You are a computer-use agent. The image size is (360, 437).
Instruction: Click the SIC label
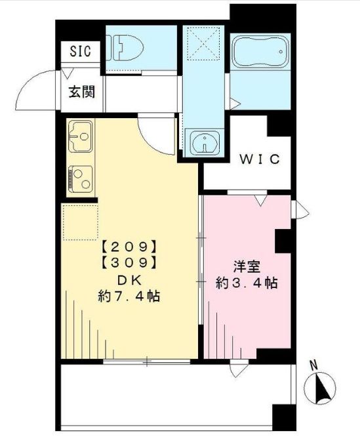[x=81, y=51]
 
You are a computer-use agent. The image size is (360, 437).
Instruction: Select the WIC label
[x=259, y=159]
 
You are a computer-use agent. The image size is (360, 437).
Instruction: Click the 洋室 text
[x=246, y=266]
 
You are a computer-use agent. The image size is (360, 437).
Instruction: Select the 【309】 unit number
[x=129, y=262]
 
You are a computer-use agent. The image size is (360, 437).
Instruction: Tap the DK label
[x=129, y=279]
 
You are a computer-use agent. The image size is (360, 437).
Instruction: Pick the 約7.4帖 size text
[x=129, y=296]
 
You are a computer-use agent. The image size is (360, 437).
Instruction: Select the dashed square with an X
[x=202, y=44]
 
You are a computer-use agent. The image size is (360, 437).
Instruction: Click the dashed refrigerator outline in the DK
[x=81, y=221]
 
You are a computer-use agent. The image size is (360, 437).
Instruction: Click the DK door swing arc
[x=157, y=136]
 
